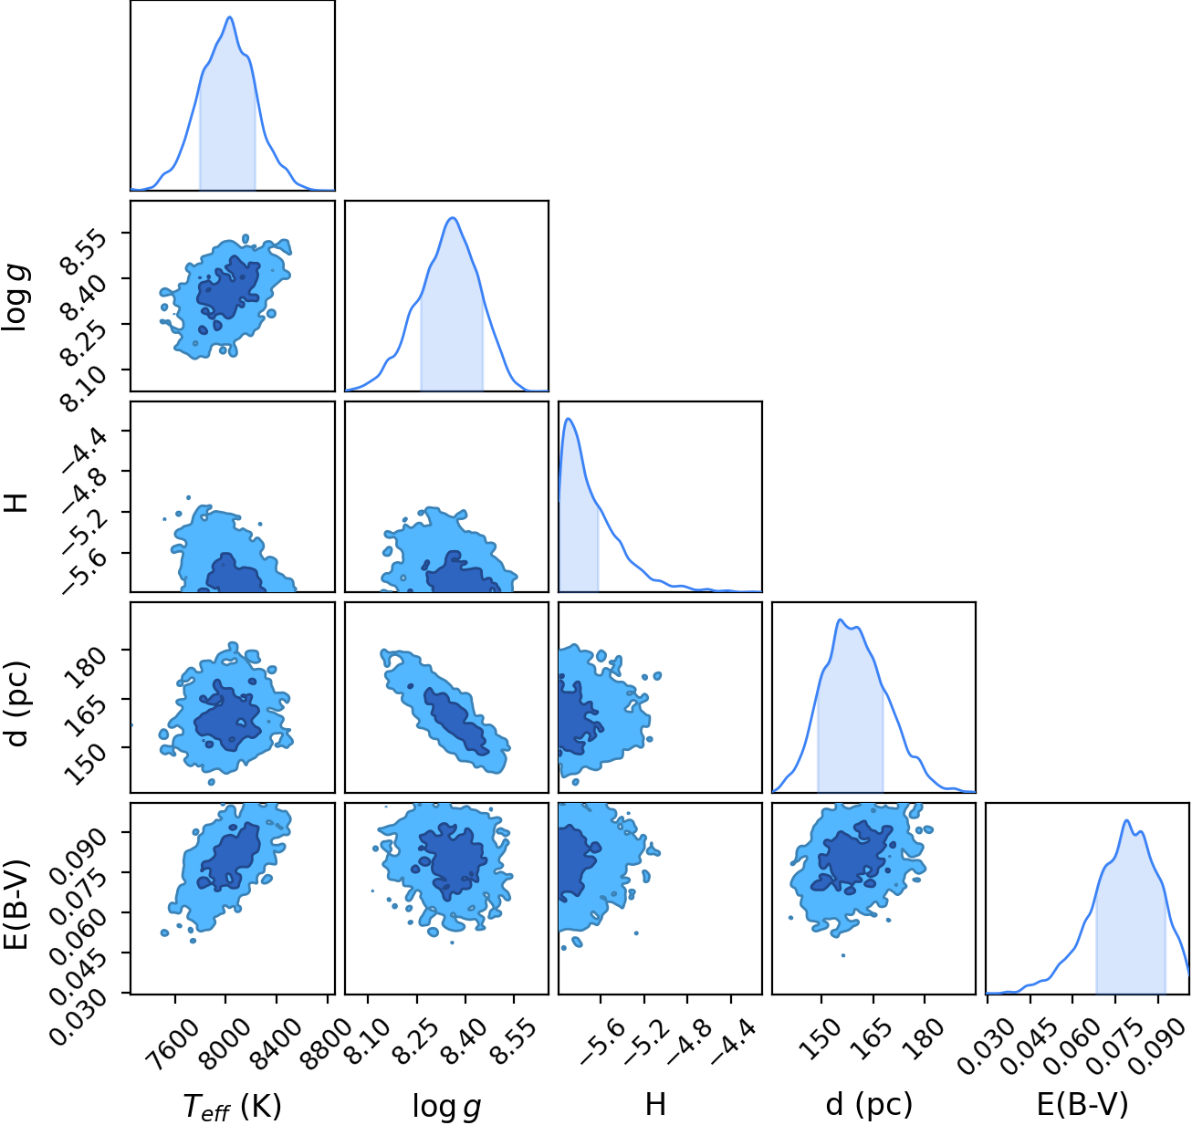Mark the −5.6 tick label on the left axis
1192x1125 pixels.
[x=84, y=572]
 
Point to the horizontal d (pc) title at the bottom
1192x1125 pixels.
[x=869, y=1104]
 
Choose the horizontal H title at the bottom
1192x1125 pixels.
[x=655, y=1104]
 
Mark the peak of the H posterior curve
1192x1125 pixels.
[x=568, y=418]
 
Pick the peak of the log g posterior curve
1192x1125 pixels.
[x=453, y=217]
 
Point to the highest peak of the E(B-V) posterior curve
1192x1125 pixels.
[x=1126, y=820]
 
